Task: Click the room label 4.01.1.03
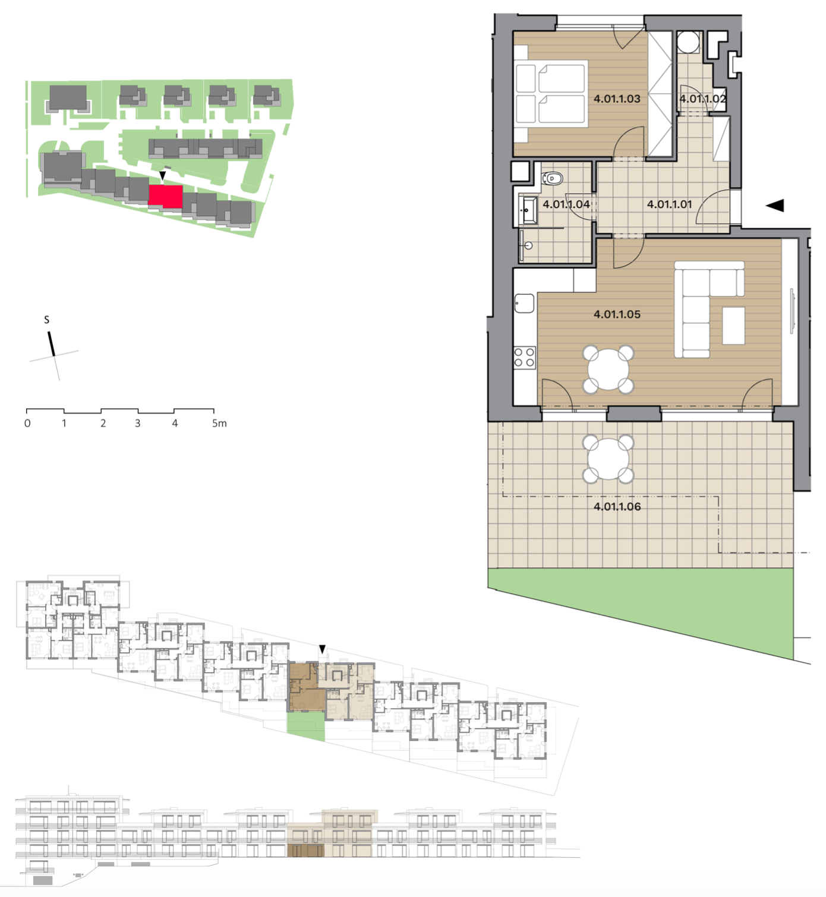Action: (617, 99)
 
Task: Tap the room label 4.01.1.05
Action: (617, 314)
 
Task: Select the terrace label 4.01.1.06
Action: (617, 507)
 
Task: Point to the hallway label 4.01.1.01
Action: (669, 204)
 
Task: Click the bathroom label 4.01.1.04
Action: (566, 204)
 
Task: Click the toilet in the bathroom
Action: (551, 179)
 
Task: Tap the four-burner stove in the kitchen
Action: (524, 357)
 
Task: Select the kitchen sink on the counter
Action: (524, 303)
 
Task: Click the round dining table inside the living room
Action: (608, 370)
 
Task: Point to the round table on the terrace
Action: (608, 459)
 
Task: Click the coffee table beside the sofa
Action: (733, 326)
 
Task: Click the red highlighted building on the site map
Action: (166, 196)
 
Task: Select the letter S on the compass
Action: (46, 320)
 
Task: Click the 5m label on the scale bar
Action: (219, 423)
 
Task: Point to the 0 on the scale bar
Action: (27, 423)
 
